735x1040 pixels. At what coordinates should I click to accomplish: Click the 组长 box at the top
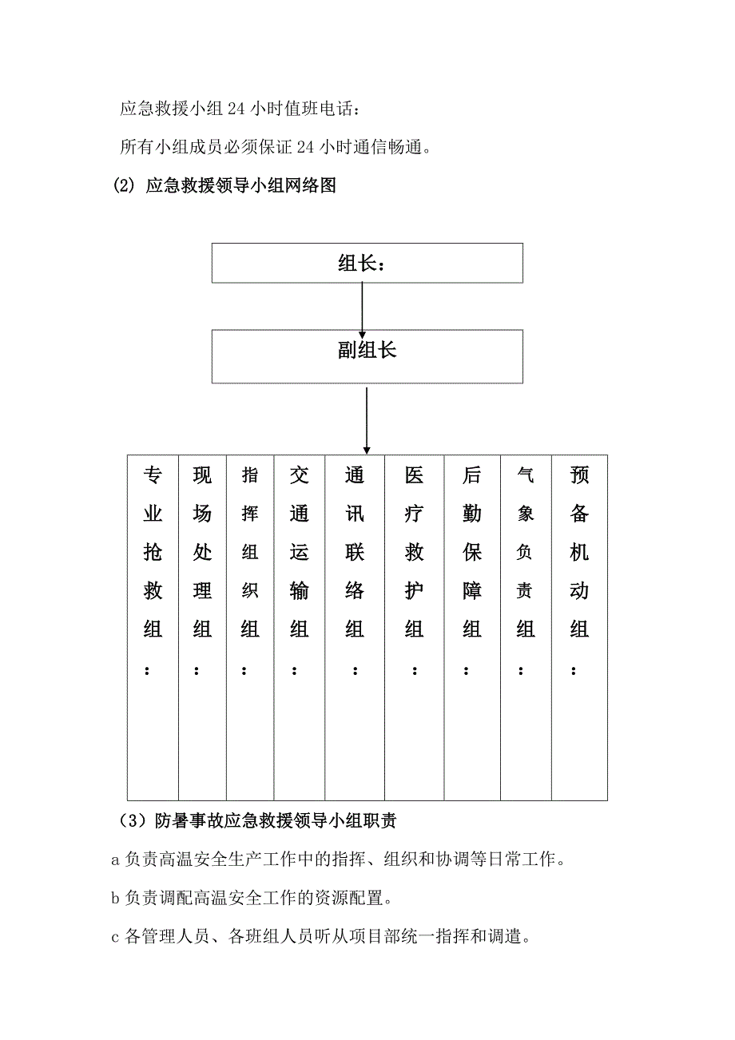pyautogui.click(x=367, y=263)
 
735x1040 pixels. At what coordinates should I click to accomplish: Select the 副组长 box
pyautogui.click(x=367, y=355)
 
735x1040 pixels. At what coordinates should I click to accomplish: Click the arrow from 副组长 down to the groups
pyautogui.click(x=367, y=420)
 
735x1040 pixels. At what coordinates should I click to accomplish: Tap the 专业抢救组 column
pyautogui.click(x=153, y=627)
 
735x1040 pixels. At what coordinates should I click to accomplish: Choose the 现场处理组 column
pyautogui.click(x=202, y=627)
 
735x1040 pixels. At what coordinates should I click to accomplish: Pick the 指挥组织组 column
pyautogui.click(x=250, y=627)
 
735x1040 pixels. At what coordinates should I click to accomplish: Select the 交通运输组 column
pyautogui.click(x=300, y=627)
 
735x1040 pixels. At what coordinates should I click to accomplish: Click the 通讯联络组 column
pyautogui.click(x=355, y=627)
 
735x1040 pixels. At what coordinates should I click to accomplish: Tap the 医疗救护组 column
pyautogui.click(x=414, y=627)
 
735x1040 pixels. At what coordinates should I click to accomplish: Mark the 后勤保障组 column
pyautogui.click(x=472, y=627)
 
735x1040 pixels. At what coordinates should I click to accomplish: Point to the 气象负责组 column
pyautogui.click(x=526, y=627)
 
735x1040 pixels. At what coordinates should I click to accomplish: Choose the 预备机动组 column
pyautogui.click(x=579, y=627)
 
